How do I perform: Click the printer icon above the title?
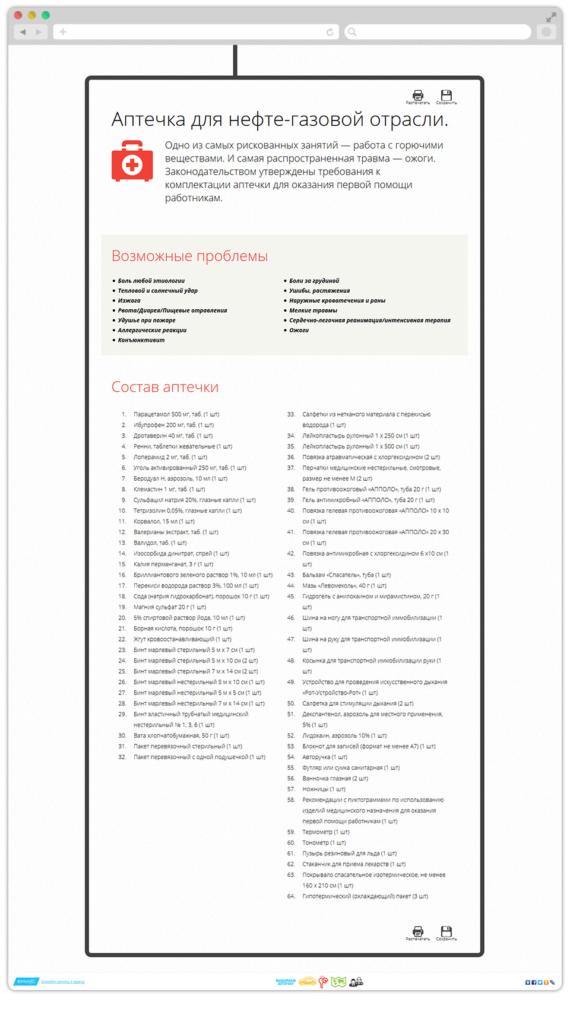point(418,96)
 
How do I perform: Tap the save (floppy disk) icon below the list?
point(446,931)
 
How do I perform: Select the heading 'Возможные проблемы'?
point(189,256)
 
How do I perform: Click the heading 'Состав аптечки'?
point(165,387)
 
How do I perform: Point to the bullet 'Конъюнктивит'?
point(141,340)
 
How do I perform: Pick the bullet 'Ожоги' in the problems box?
point(299,330)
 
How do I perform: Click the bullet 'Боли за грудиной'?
point(314,281)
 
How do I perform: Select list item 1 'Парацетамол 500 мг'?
point(176,414)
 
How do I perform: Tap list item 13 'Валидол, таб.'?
point(160,543)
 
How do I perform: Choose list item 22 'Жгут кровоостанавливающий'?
point(182,639)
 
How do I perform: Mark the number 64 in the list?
point(291,896)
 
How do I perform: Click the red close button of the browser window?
point(18,15)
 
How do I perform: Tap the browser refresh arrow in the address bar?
point(330,32)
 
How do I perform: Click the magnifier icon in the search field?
point(352,32)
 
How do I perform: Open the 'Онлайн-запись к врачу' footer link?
point(63,982)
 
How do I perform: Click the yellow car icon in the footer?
point(307,982)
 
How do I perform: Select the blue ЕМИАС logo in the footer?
point(26,982)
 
